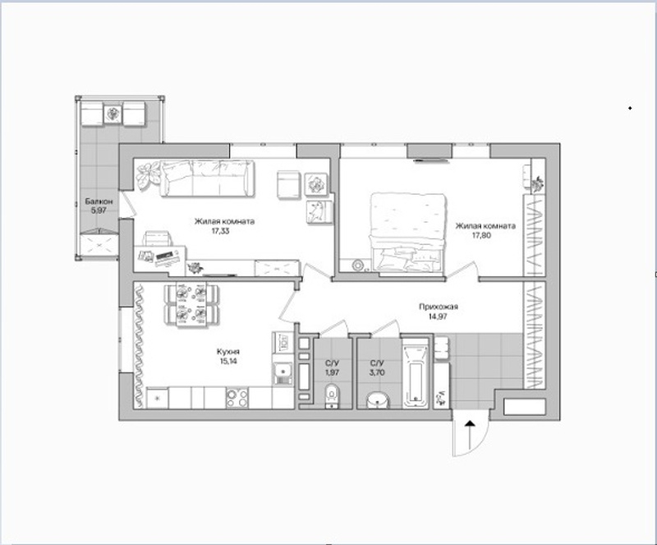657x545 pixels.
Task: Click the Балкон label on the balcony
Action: [x=99, y=201]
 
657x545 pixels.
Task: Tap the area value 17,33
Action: [x=220, y=231]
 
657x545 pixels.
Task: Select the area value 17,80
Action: [x=481, y=235]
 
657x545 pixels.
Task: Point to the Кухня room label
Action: [x=228, y=352]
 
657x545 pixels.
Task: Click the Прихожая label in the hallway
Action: [x=439, y=307]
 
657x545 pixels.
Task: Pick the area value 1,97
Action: [x=333, y=372]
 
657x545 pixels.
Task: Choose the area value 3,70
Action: [x=377, y=372]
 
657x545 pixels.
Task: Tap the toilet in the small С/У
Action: [x=333, y=396]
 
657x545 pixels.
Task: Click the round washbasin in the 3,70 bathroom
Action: [x=378, y=400]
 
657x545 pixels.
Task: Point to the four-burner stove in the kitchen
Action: [x=237, y=398]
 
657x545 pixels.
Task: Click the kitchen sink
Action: [x=283, y=372]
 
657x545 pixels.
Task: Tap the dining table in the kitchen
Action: [x=191, y=304]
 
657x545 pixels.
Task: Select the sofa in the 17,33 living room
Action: [x=208, y=178]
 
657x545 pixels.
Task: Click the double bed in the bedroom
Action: [x=407, y=233]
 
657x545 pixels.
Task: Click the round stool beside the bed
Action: [x=358, y=265]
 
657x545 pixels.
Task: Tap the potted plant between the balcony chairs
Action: [x=113, y=113]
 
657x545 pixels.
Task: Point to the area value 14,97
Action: [x=438, y=316]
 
